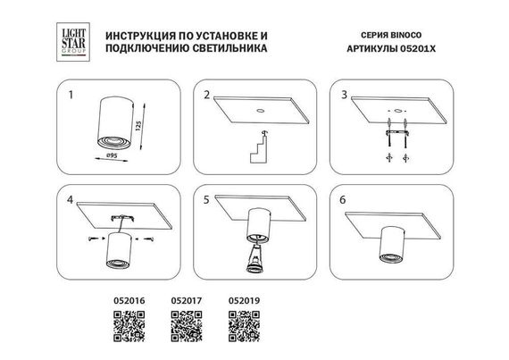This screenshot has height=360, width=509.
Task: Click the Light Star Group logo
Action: click(x=73, y=42)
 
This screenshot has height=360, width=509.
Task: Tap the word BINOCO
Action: click(x=405, y=35)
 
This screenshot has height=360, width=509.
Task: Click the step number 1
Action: click(x=71, y=95)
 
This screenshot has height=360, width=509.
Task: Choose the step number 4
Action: click(x=71, y=200)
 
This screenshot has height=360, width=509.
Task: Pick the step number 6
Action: click(x=343, y=200)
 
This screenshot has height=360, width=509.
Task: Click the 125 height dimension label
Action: click(x=138, y=126)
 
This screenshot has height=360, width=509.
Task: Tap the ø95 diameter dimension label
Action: click(x=112, y=155)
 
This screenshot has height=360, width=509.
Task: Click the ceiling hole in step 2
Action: click(x=261, y=111)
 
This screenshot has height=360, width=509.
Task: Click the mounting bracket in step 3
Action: click(x=396, y=133)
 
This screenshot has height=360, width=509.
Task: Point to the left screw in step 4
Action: click(x=92, y=239)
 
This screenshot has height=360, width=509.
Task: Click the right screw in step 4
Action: click(x=149, y=239)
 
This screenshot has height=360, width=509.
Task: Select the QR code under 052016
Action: click(x=129, y=326)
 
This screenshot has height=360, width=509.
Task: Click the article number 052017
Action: click(x=187, y=300)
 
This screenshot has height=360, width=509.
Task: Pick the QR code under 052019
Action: click(x=244, y=326)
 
